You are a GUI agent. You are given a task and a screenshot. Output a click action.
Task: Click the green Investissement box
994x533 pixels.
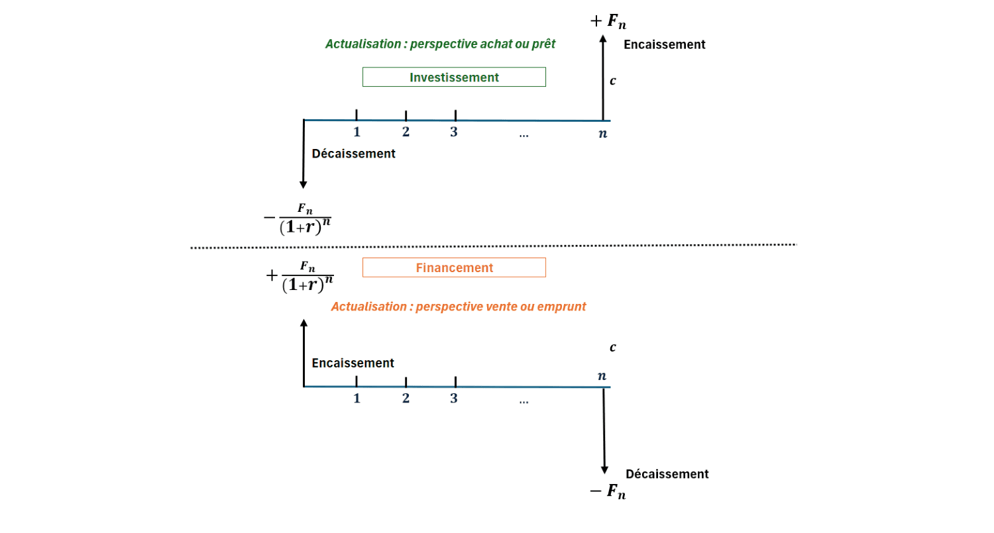[454, 77]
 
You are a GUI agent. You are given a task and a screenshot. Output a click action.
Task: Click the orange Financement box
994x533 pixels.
[454, 267]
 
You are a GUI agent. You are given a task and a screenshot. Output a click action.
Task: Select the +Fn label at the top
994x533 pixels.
[608, 21]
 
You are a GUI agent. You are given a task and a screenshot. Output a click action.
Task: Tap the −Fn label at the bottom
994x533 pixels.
[608, 491]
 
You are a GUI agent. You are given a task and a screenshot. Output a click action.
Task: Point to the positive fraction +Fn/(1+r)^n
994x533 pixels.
[300, 276]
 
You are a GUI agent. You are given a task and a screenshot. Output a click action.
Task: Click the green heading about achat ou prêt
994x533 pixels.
[440, 44]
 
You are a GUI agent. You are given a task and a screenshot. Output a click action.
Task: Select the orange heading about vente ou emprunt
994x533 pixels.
[458, 307]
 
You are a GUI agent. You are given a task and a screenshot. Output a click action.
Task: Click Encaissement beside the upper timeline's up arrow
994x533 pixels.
[664, 45]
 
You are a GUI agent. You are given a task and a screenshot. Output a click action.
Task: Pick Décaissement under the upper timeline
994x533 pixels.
[353, 154]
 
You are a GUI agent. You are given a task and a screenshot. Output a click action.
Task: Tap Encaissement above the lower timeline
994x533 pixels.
[353, 363]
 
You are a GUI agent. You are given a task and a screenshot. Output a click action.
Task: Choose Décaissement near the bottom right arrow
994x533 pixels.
[667, 474]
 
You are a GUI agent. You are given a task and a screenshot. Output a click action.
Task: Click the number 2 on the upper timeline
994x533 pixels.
[406, 132]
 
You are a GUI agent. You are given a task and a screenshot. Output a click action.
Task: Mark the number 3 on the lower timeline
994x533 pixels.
[454, 398]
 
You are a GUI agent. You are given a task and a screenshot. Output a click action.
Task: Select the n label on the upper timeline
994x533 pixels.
[603, 133]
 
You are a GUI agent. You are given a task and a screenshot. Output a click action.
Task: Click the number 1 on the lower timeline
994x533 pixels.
[357, 398]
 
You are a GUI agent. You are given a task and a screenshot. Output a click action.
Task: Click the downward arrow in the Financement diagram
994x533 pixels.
[604, 430]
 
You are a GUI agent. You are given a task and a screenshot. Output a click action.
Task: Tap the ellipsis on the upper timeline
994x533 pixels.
[524, 134]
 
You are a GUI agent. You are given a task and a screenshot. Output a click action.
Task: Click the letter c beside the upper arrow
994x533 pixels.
[612, 81]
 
